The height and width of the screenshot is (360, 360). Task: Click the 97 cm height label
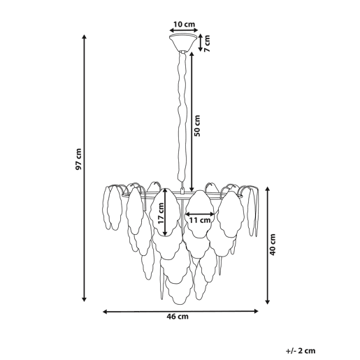pos(79,159)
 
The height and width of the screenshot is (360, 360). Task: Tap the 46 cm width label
pos(178,317)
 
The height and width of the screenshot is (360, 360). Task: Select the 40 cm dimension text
pos(273,245)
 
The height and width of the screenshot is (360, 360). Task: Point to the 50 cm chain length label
pos(197,126)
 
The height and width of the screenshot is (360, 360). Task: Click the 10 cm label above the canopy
pos(184,24)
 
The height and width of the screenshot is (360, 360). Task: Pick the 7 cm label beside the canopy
pos(207,43)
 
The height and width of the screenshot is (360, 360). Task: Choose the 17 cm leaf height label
pos(161,213)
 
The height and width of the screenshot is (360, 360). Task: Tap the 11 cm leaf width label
pos(200,220)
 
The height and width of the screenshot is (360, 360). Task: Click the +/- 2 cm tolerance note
pos(301,351)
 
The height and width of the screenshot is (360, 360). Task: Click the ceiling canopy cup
pos(184,43)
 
